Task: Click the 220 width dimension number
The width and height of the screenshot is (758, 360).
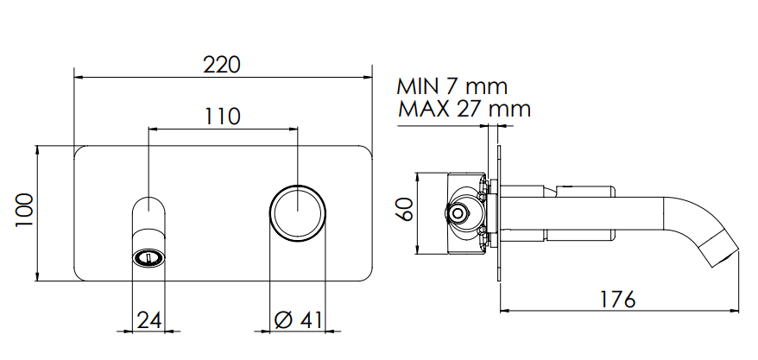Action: (x=221, y=65)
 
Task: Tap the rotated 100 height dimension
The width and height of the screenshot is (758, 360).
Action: (x=24, y=211)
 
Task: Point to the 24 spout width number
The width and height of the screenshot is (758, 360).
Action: (x=148, y=320)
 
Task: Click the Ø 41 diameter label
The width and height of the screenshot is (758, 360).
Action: (x=298, y=320)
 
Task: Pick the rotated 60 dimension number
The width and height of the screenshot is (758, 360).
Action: (x=405, y=209)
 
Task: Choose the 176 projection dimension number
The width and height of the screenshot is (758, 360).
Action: (x=617, y=300)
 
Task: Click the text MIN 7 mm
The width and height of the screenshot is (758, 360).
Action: (x=452, y=86)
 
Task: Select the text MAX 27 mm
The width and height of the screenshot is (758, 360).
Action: (x=464, y=109)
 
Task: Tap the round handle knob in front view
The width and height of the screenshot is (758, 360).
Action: (x=297, y=212)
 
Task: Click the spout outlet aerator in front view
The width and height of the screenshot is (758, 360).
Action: (x=148, y=258)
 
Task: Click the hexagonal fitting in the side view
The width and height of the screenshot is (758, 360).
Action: (x=457, y=212)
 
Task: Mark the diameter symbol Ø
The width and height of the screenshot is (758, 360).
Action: (x=284, y=320)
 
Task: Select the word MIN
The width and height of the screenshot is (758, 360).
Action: (x=418, y=86)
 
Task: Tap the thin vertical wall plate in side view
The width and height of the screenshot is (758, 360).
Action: (x=498, y=212)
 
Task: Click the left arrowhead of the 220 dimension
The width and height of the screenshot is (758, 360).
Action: (x=79, y=77)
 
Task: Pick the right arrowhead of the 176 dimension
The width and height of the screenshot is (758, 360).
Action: (x=735, y=311)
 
